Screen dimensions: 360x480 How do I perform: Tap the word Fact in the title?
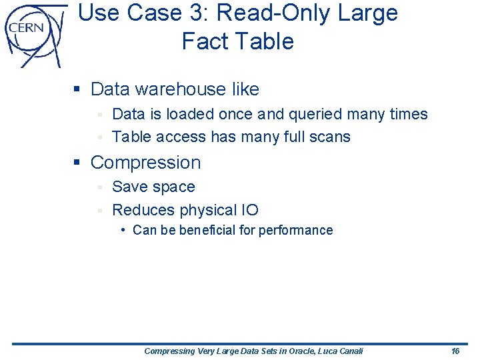click(x=201, y=41)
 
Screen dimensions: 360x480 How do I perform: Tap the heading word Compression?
click(x=145, y=162)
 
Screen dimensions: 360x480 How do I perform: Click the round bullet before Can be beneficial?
click(x=123, y=230)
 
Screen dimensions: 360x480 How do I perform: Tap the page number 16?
click(x=455, y=351)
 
